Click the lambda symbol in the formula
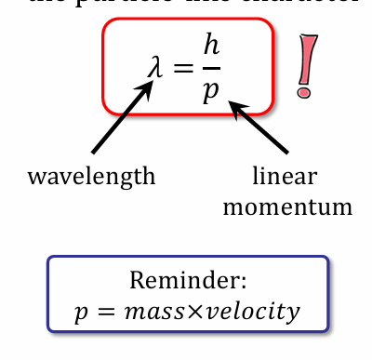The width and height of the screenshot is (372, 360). [154, 67]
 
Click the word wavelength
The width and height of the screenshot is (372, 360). [91, 176]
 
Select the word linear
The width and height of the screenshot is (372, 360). [279, 175]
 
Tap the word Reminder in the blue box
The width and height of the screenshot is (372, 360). [183, 281]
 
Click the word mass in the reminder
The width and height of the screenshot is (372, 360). [151, 313]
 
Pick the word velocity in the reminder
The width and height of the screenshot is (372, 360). [253, 313]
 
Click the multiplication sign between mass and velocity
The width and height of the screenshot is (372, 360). [191, 313]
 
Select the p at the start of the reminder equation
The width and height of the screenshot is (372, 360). [80, 314]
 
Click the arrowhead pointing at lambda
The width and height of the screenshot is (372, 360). [149, 87]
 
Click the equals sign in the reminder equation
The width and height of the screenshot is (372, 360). [105, 313]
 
